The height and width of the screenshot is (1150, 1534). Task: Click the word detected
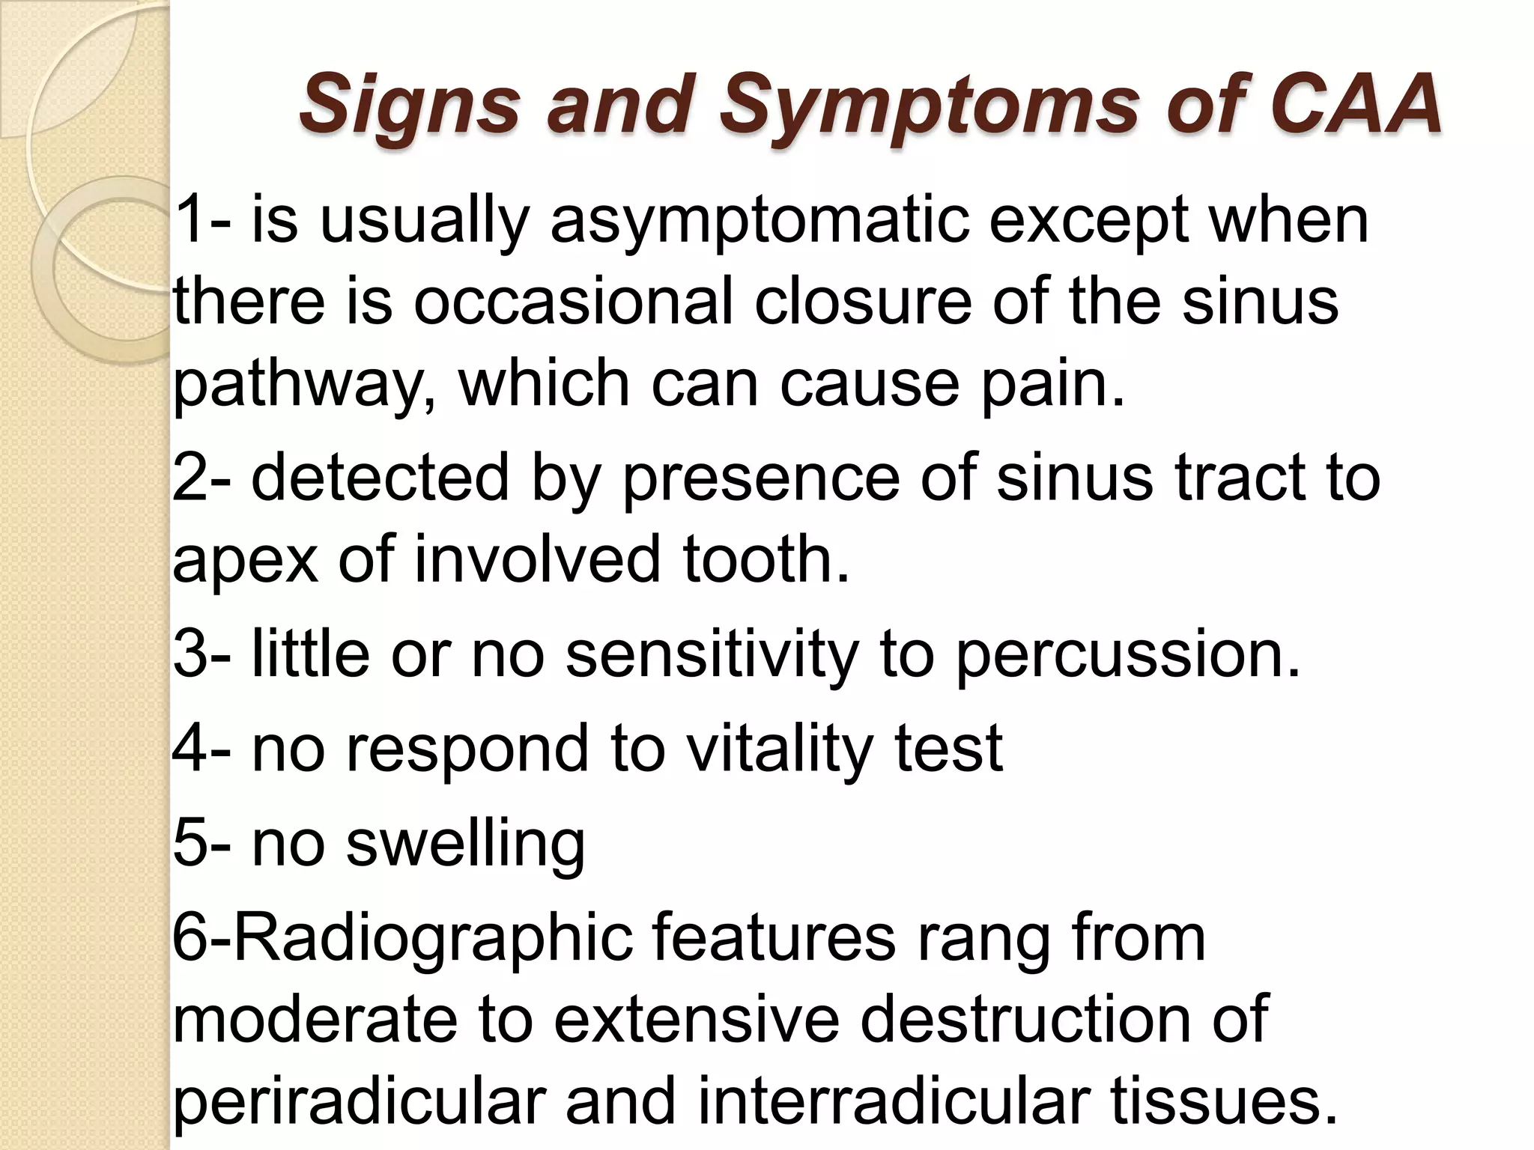click(379, 478)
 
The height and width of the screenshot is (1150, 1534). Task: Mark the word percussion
click(1128, 654)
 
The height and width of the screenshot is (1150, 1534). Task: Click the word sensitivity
click(711, 654)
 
